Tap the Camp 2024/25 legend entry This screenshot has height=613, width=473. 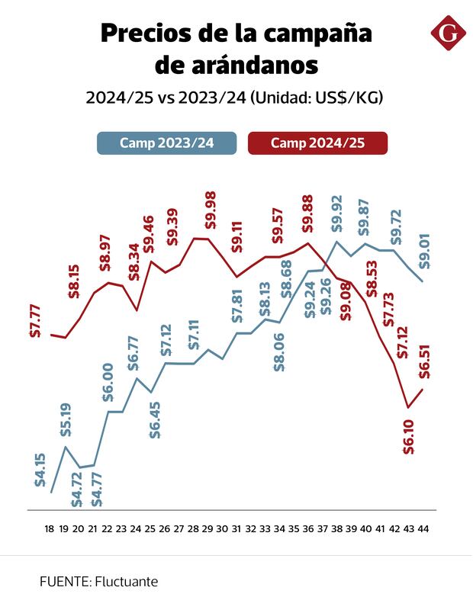point(317,143)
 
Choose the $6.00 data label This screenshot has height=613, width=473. point(108,383)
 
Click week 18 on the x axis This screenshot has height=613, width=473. point(50,528)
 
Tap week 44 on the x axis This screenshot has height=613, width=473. point(423,528)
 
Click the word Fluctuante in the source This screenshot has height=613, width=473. point(126,581)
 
